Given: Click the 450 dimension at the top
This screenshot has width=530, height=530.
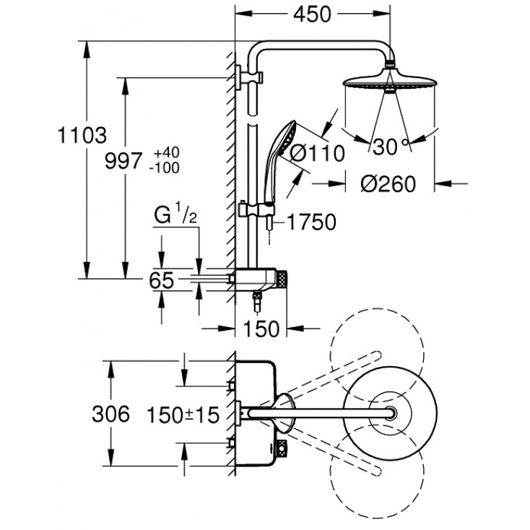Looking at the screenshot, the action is pos(312,15).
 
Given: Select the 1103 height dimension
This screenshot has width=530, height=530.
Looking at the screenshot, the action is pos(82,135).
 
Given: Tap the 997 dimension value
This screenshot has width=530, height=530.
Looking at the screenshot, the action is pos(123,161).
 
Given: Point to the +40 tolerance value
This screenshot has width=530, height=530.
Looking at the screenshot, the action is pos(166,152).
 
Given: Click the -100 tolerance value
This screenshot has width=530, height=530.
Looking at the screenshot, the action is pos(165,168).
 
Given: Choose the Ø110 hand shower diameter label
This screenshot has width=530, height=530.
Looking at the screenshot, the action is pos(317,154).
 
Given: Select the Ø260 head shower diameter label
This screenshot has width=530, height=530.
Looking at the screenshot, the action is pos(388,184).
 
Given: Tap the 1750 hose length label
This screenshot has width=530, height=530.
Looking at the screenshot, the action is pos(311,222).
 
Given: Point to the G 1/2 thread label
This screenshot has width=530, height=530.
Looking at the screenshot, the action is pos(175,215).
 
